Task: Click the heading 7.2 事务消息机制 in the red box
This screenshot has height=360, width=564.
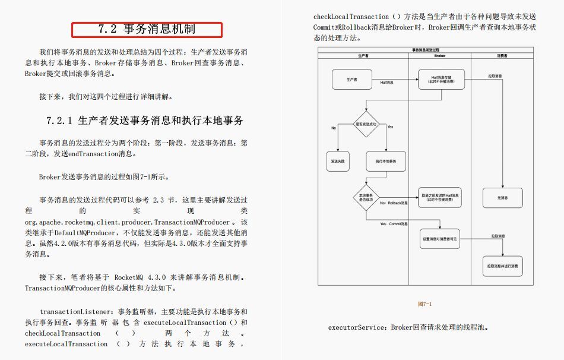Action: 147,29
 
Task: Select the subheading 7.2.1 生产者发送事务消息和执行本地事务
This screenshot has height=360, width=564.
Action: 145,121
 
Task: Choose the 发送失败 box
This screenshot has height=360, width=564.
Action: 337,161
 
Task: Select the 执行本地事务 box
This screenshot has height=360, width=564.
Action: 386,161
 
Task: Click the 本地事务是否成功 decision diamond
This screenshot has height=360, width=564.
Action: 366,197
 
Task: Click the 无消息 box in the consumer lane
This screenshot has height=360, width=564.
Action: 502,197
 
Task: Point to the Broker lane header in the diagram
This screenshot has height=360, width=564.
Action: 440,55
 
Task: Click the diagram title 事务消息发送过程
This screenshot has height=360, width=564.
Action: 426,50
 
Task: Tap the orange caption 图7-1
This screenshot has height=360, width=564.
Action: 425,304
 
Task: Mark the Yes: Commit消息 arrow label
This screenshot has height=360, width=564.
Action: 394,224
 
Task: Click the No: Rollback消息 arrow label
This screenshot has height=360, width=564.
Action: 394,204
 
